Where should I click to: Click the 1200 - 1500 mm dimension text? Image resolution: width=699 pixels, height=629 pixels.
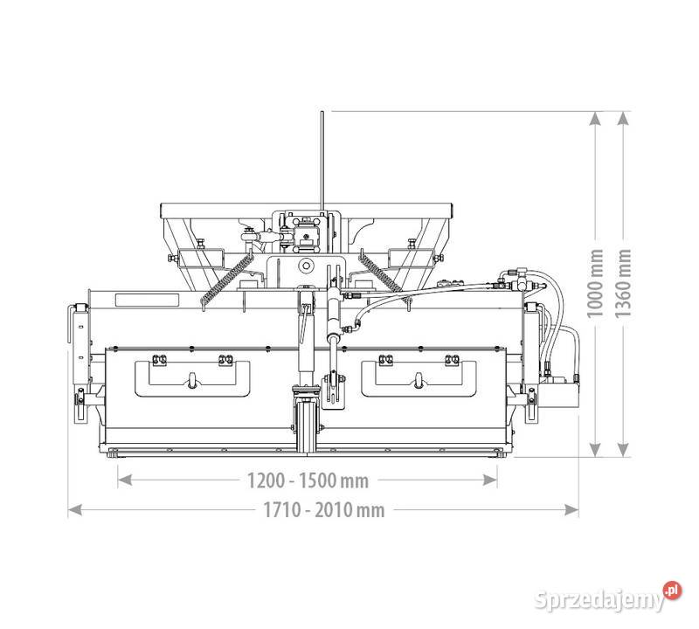point(306,480)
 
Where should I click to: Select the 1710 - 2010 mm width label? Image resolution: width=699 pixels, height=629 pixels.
point(323,510)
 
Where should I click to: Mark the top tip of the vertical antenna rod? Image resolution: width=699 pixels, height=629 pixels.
point(322,112)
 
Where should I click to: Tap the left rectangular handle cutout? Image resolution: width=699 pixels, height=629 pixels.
point(193,377)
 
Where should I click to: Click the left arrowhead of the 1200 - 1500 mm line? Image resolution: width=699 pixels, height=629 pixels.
point(122,479)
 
